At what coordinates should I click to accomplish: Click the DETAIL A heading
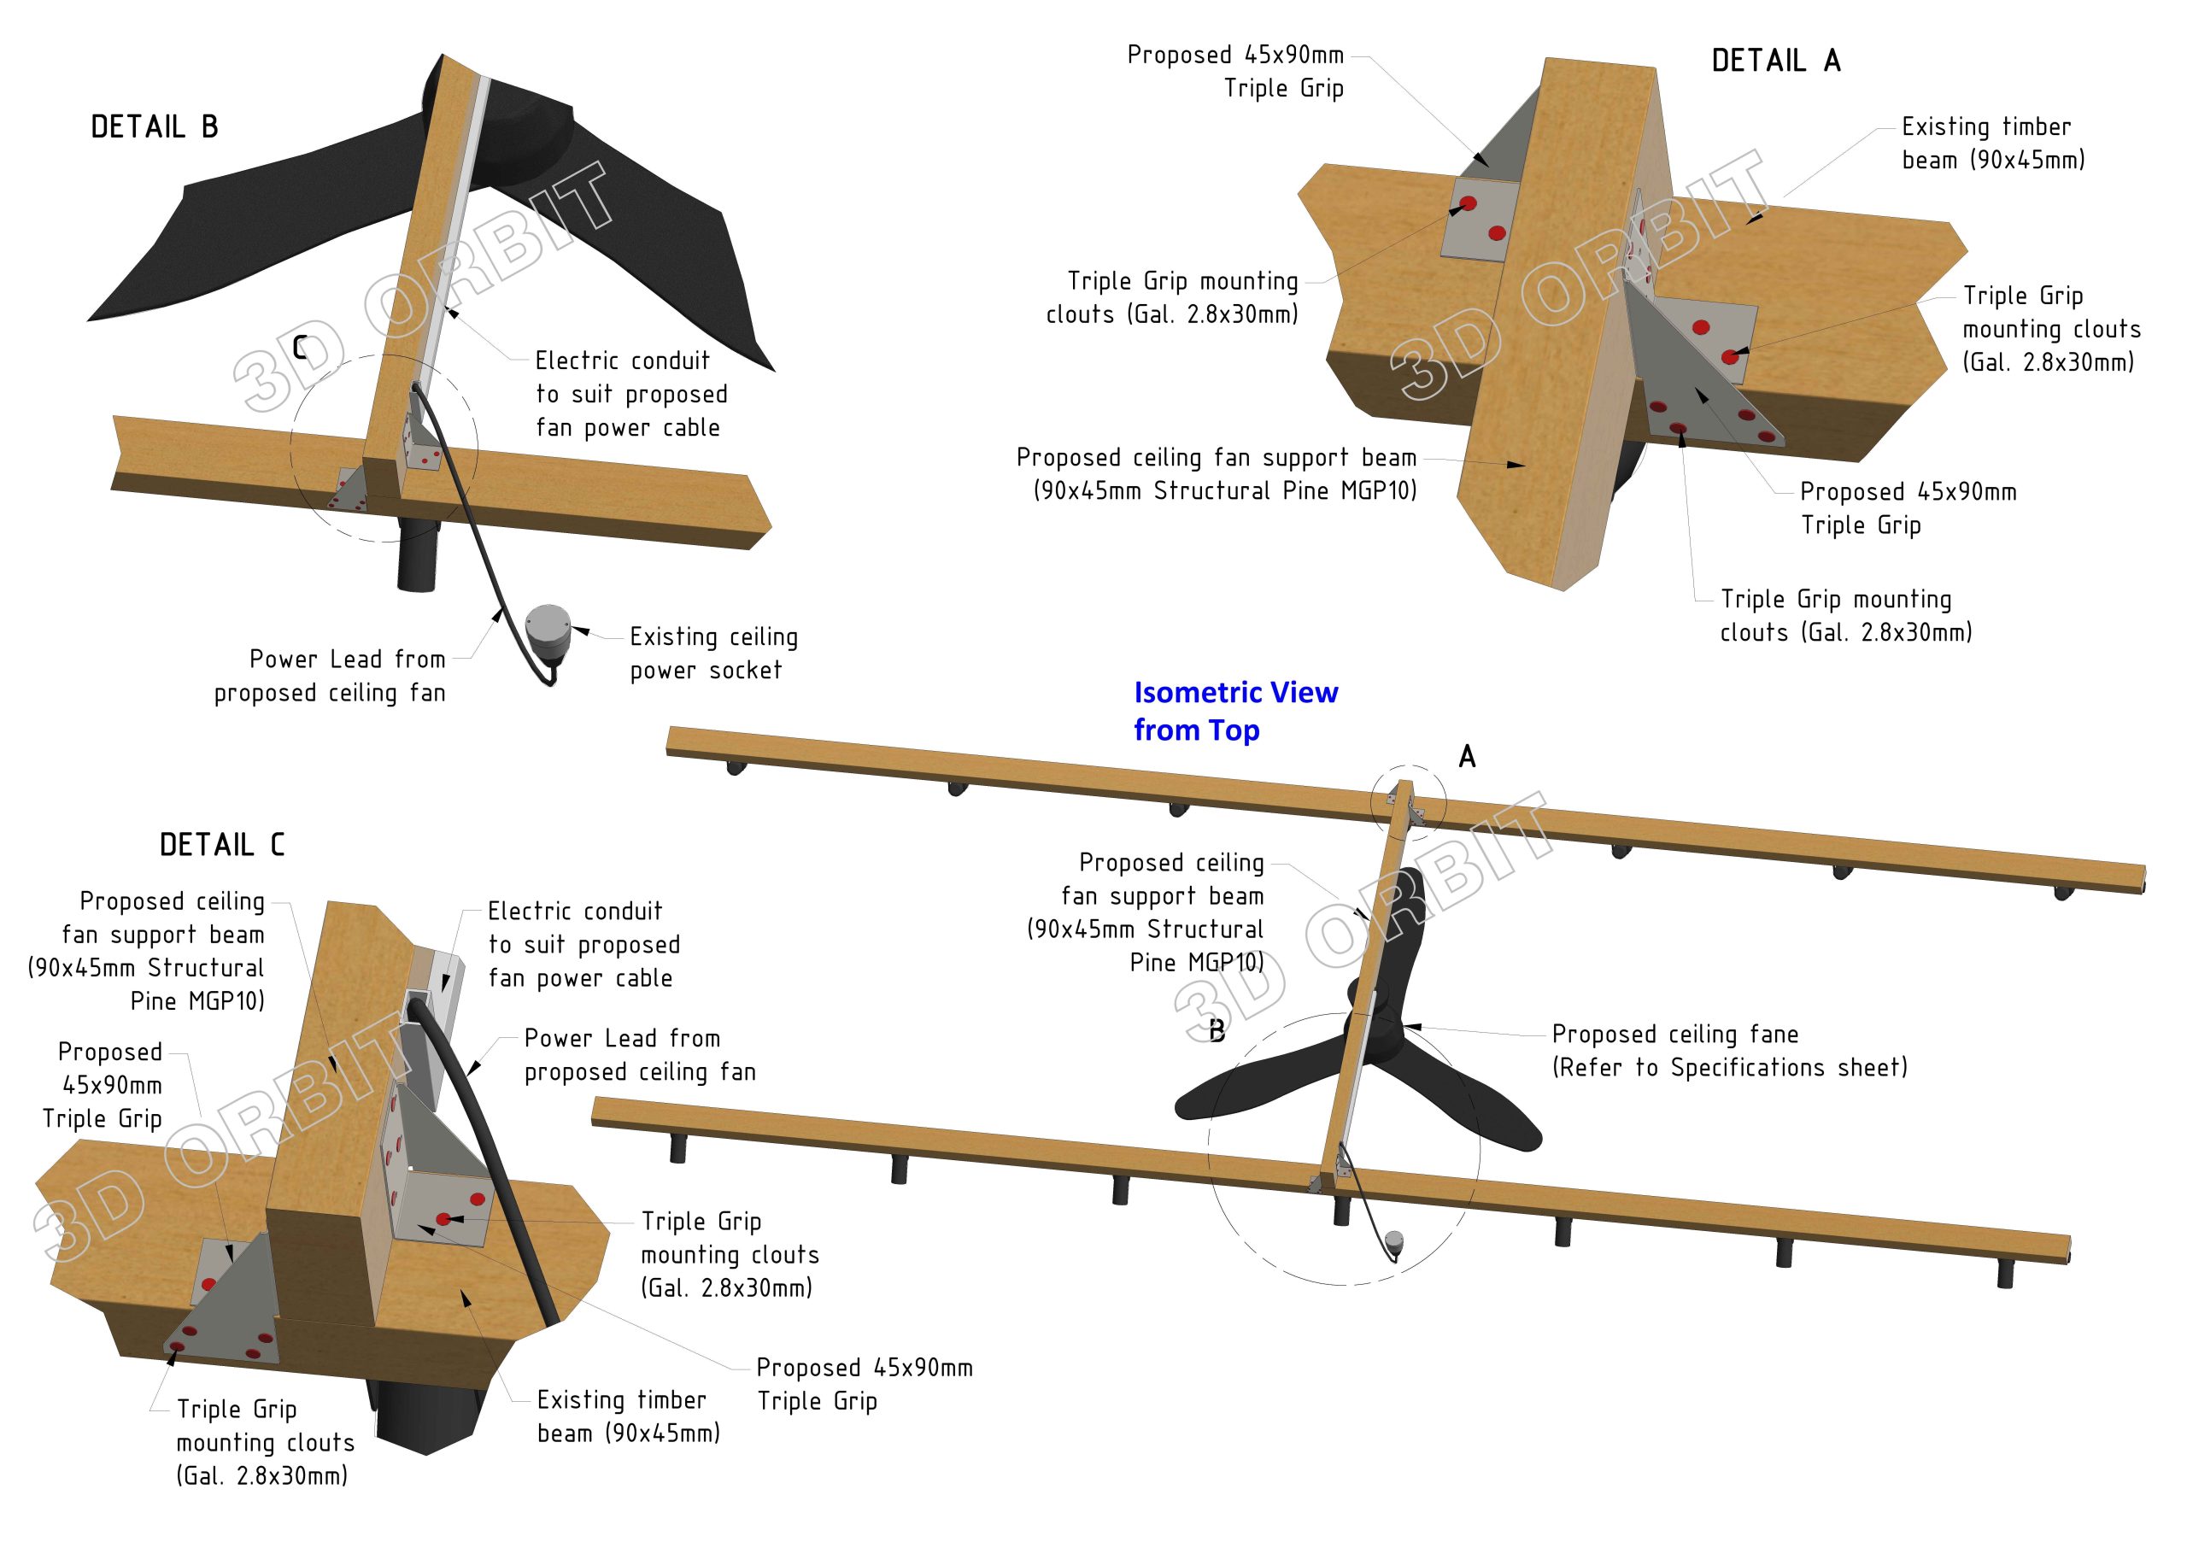point(1775,61)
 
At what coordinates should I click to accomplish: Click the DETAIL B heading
point(155,126)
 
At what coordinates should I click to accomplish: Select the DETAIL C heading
point(222,845)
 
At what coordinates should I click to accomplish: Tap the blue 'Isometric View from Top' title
point(1235,711)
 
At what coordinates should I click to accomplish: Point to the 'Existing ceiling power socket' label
point(712,654)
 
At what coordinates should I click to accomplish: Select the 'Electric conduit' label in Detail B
point(630,393)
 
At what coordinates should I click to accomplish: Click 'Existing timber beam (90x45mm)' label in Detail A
point(1993,143)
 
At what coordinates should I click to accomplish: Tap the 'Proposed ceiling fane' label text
point(1729,1051)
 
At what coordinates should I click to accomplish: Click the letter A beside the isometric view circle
point(1467,757)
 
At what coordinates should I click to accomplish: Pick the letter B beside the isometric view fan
point(1217,1030)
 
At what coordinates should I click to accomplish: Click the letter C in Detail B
point(300,349)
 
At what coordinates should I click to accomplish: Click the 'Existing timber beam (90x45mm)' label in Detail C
point(628,1416)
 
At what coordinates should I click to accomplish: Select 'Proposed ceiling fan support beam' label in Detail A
point(1217,473)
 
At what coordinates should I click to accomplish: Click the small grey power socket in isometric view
point(1393,1241)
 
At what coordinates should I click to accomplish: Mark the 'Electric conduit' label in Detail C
point(583,944)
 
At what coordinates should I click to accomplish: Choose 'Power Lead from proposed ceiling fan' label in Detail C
point(639,1054)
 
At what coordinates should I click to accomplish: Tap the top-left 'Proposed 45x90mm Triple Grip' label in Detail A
point(1235,72)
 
